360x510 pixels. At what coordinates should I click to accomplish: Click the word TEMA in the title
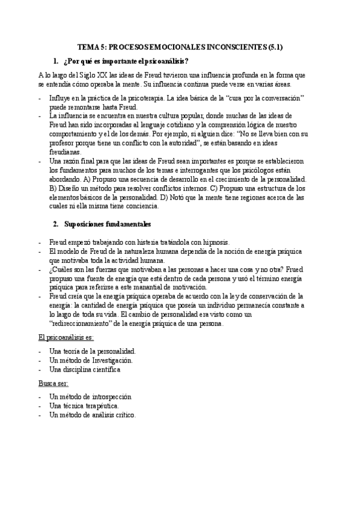point(90,46)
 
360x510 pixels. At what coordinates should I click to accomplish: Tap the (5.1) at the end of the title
point(274,46)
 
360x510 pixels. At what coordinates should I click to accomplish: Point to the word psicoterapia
point(147,97)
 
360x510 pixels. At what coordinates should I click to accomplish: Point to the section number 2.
point(55,224)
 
